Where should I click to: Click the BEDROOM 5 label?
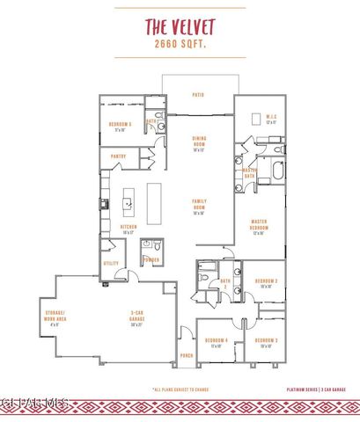point(121,126)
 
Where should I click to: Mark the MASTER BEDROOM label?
point(259,227)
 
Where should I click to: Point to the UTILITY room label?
point(111,263)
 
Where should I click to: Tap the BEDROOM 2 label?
point(267,282)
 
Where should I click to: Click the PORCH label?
point(187,356)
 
